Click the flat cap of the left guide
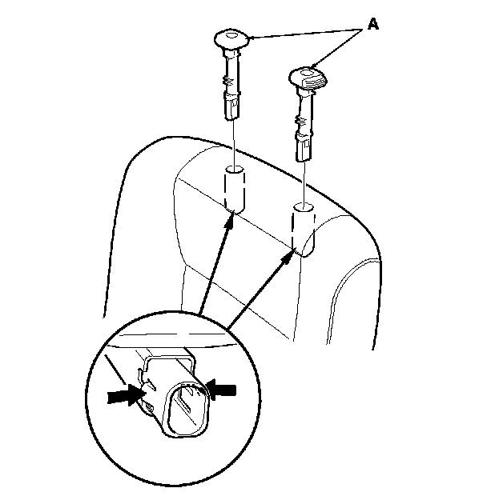click(233, 38)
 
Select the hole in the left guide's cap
click(231, 35)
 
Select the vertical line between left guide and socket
click(234, 140)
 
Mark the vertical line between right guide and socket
click(305, 180)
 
